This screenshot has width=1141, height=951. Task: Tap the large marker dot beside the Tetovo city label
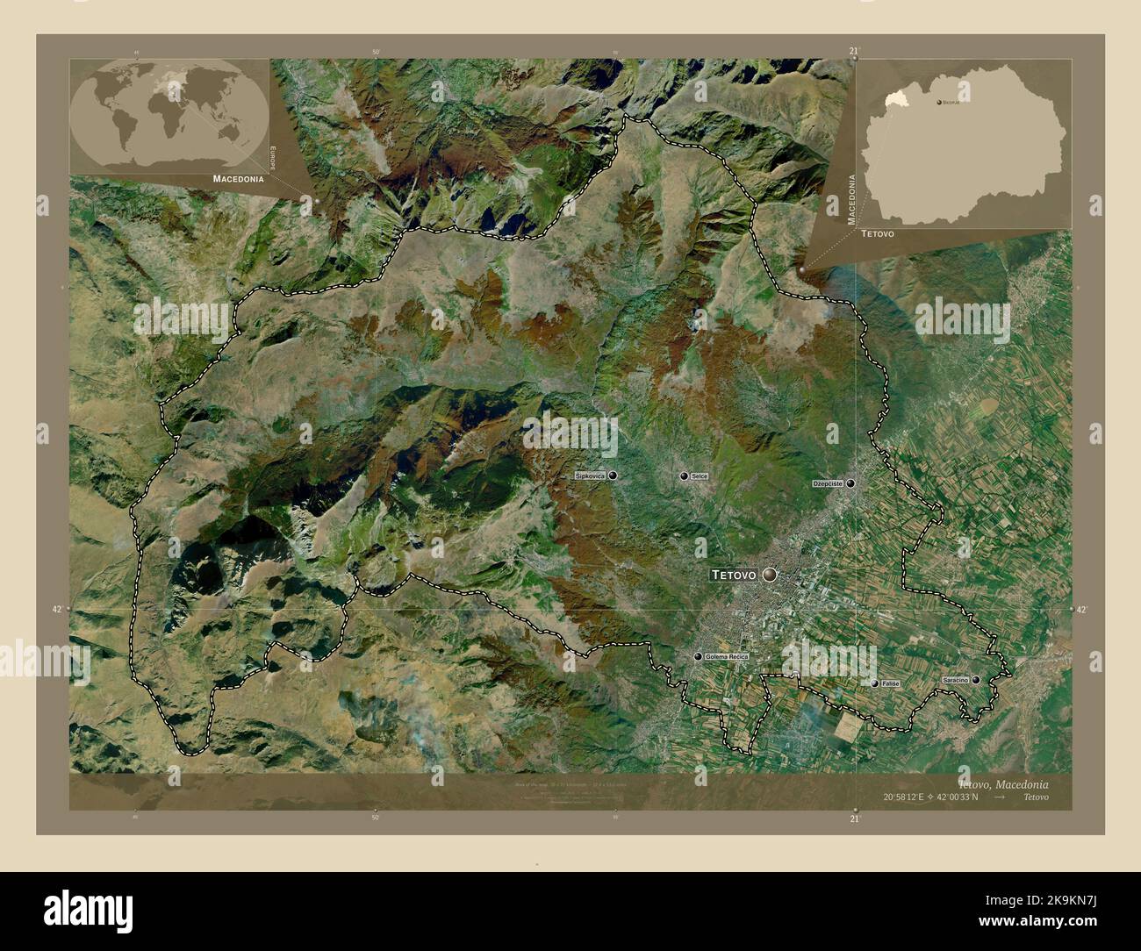770,575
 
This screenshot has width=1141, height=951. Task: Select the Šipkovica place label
591,475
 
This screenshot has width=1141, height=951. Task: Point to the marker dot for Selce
684,475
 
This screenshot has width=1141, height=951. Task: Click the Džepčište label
828,483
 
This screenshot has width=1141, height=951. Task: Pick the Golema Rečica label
725,656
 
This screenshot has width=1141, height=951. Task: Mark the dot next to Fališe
874,683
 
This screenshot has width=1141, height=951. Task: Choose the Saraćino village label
954,680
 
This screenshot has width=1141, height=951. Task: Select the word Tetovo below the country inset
878,235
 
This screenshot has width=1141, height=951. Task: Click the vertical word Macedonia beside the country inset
850,199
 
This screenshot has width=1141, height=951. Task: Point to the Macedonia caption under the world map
238,178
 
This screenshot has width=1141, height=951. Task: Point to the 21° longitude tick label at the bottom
855,819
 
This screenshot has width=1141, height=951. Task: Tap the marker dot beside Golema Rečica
698,657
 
